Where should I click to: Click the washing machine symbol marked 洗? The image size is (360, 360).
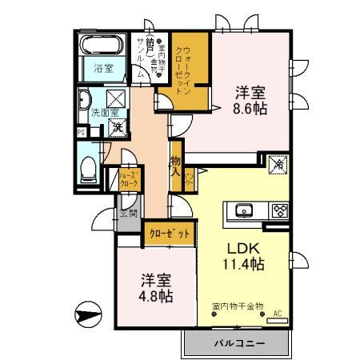118,125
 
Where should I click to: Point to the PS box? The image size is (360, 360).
82,132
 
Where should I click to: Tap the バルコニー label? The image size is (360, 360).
239,344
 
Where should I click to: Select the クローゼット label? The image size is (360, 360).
170,234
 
